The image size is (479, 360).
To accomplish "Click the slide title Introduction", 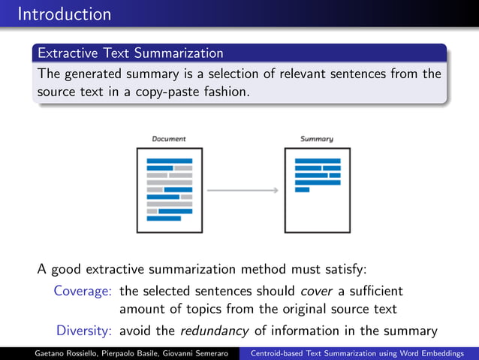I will pos(64,14).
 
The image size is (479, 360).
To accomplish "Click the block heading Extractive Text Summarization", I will pos(130,53).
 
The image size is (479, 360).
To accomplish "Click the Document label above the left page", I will pos(169,139).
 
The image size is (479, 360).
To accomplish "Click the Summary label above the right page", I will pos(317,139).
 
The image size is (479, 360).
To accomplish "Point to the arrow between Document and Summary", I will pos(243,190).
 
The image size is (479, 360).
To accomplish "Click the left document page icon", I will pos(169,190).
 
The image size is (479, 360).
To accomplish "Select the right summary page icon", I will pos(317,190).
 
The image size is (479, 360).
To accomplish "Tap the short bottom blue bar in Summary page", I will pos(302,189).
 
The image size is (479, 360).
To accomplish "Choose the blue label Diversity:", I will pos(85,331).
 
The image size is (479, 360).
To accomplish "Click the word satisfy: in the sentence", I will pos(341,269).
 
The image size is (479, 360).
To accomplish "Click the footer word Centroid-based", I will pos(280,353).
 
